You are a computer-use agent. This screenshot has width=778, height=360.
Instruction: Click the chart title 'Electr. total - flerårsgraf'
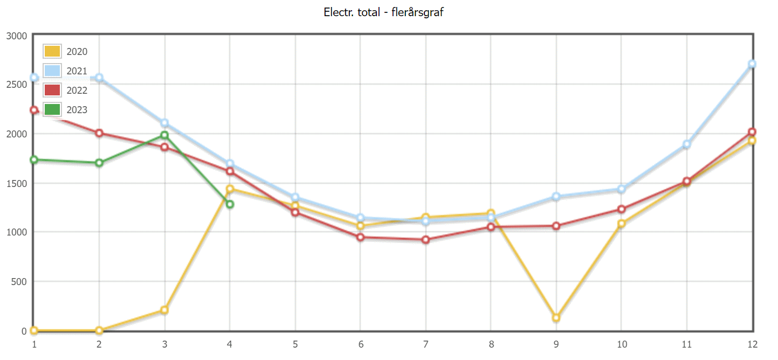click(x=383, y=12)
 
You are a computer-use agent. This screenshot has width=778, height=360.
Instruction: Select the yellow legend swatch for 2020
click(x=52, y=52)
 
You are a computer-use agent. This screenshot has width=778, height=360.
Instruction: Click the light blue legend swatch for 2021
click(x=52, y=71)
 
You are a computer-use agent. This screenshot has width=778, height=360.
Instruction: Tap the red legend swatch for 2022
click(x=52, y=91)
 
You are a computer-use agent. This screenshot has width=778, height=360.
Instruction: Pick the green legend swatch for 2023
click(x=52, y=110)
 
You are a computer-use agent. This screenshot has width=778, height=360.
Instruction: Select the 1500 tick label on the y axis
click(x=16, y=183)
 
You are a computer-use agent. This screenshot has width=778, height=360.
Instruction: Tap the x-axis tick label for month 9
click(x=555, y=344)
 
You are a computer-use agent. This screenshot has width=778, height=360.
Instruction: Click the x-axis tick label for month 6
click(x=360, y=344)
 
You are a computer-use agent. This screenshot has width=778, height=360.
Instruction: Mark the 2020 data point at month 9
click(x=556, y=318)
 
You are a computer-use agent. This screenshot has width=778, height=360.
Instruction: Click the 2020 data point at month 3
click(x=164, y=310)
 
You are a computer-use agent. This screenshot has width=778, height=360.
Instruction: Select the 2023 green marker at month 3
click(x=164, y=135)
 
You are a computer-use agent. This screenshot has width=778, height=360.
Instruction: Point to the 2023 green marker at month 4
click(x=230, y=204)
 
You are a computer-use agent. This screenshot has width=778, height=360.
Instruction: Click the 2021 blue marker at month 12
click(x=752, y=64)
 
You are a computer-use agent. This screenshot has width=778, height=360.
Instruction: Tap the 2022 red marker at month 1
click(x=34, y=110)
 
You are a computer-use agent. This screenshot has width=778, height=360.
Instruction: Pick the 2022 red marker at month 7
click(x=425, y=240)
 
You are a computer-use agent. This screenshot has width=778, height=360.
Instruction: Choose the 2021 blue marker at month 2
click(x=99, y=78)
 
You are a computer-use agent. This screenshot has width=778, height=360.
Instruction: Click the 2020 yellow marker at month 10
click(x=621, y=224)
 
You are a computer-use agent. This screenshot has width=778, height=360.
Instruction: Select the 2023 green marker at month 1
click(x=34, y=160)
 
